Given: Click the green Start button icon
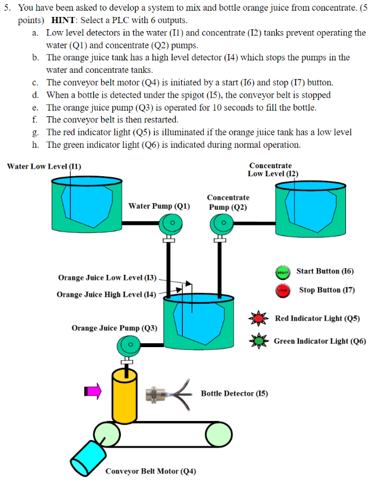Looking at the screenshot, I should coord(283,272).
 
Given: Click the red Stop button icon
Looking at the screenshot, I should coord(283,291).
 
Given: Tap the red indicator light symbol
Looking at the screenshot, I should coord(259,319).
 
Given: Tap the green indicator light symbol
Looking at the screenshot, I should coord(259,341).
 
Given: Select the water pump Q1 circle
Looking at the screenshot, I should coord(170,224).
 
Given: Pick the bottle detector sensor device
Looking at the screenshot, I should coord(161,394).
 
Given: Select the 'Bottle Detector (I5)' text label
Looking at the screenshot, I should coord(234,393).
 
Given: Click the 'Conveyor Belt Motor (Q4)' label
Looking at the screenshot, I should coord(151,471).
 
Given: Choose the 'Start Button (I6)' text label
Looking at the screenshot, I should coord(325,271).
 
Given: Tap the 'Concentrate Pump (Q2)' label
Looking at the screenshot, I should coord(228,202).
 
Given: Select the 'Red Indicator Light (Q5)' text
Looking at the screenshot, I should coord(317,318).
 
